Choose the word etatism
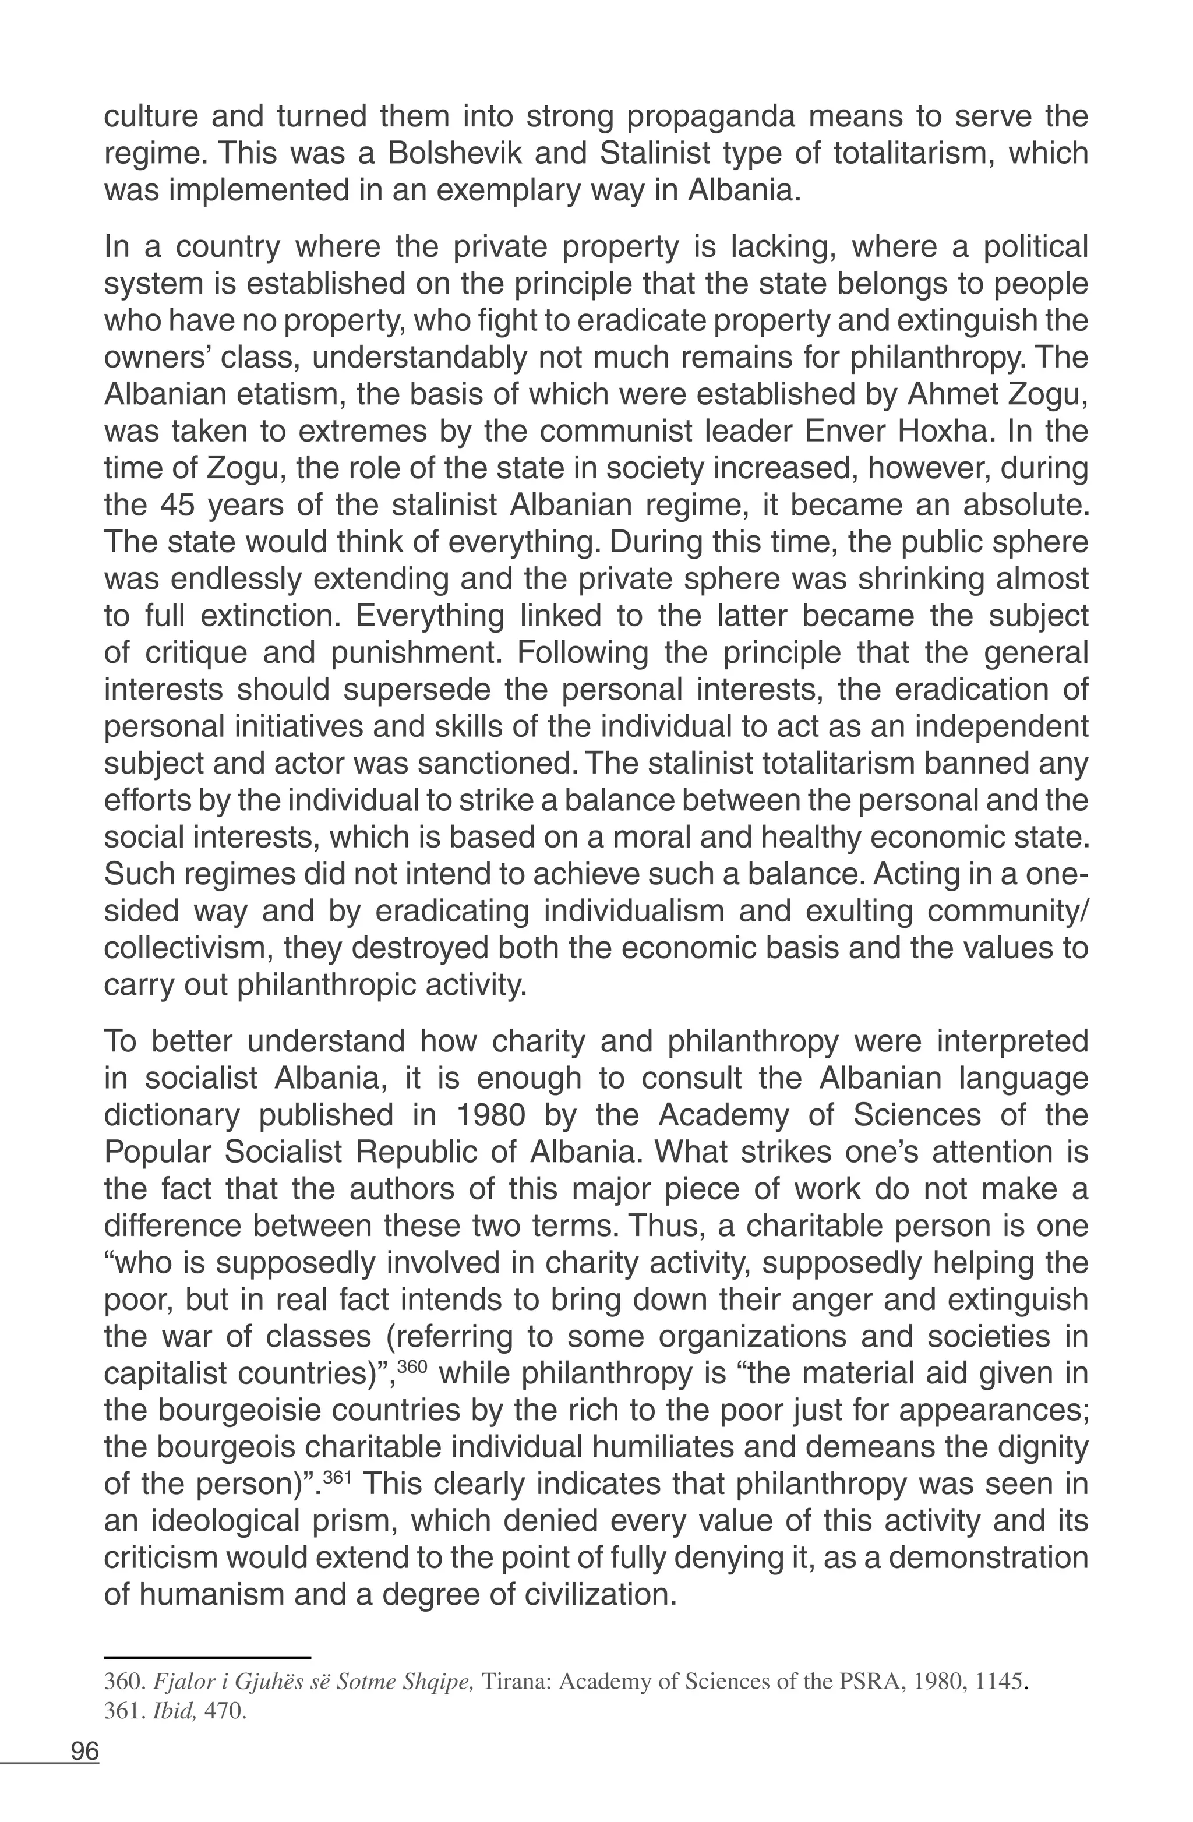click(x=292, y=395)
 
